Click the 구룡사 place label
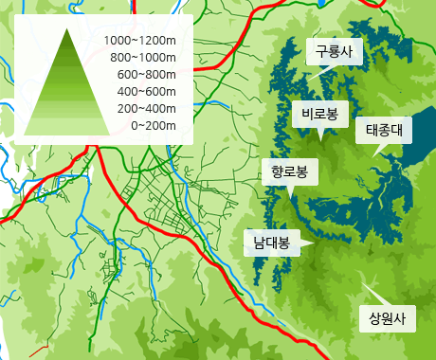334,52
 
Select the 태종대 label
384,130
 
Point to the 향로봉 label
289,172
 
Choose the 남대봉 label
271,242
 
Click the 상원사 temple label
387,317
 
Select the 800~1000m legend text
143,58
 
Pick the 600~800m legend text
146,74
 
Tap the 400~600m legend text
146,91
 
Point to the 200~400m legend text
146,108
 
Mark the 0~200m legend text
153,125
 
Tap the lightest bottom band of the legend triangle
68,128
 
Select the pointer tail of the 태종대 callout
375,152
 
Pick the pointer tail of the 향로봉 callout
292,192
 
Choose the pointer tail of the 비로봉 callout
320,135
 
